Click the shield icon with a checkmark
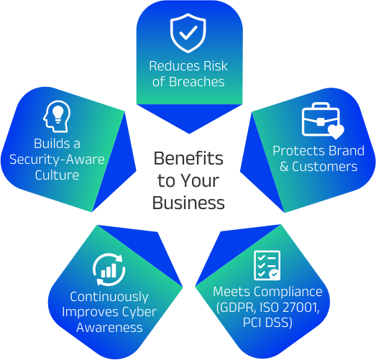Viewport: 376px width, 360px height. tap(188, 33)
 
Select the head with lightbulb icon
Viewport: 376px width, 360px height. tap(57, 116)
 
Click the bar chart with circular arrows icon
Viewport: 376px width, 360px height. tap(109, 269)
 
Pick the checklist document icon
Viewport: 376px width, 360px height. tap(267, 265)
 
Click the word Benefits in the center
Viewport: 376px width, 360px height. tap(188, 158)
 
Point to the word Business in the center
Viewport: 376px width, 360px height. tap(188, 203)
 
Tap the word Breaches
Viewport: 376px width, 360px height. tap(197, 82)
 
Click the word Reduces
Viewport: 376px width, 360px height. tap(175, 66)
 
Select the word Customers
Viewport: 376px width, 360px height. tap(325, 166)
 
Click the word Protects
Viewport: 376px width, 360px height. tap(299, 151)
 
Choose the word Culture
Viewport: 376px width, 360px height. tap(57, 175)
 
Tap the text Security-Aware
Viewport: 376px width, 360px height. tap(57, 160)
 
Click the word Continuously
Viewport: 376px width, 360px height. tap(109, 297)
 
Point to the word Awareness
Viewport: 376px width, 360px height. tap(109, 328)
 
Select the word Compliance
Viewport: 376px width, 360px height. tap(288, 292)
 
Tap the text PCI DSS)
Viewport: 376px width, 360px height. tap(267, 323)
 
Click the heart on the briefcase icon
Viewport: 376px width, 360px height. tap(336, 131)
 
